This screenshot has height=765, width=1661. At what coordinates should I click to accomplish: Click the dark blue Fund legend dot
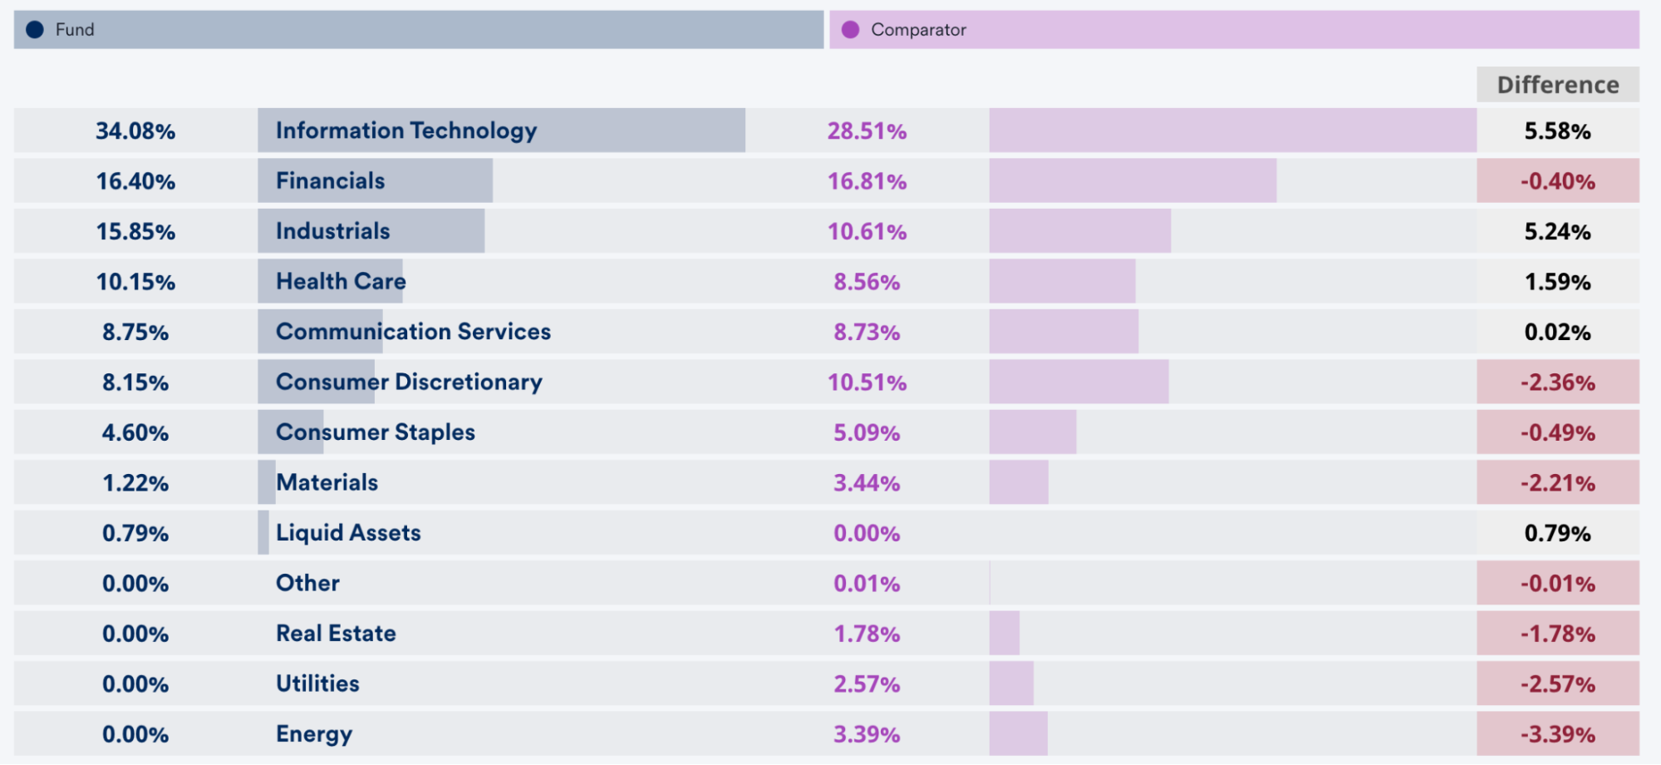35,30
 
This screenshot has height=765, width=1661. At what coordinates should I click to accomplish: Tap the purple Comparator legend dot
850,30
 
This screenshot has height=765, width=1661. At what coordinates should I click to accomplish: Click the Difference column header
1557,85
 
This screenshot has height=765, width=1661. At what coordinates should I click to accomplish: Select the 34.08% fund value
135,131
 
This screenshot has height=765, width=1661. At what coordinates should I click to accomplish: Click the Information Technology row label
406,131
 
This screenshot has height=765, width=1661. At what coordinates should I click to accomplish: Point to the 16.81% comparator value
867,181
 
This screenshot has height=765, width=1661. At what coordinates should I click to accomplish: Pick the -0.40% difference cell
1557,181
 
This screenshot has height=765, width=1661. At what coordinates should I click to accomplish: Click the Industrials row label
332,231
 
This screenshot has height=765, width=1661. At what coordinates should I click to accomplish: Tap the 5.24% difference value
1557,232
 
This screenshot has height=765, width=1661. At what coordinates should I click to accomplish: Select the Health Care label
341,282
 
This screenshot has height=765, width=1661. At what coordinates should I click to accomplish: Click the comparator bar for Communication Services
1064,332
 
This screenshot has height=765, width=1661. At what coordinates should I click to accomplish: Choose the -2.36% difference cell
1557,382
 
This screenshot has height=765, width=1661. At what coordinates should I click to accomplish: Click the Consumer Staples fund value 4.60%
135,433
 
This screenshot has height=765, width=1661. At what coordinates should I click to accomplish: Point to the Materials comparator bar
1019,483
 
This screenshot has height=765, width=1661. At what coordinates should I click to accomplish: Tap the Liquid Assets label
348,533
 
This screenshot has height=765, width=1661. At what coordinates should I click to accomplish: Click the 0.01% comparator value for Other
867,584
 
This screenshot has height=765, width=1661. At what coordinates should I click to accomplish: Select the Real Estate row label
336,634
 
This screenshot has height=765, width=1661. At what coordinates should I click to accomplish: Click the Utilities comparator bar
1011,684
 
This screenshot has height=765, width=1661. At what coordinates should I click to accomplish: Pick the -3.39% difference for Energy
1557,735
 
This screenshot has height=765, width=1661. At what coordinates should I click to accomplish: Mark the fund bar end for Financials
490,181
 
